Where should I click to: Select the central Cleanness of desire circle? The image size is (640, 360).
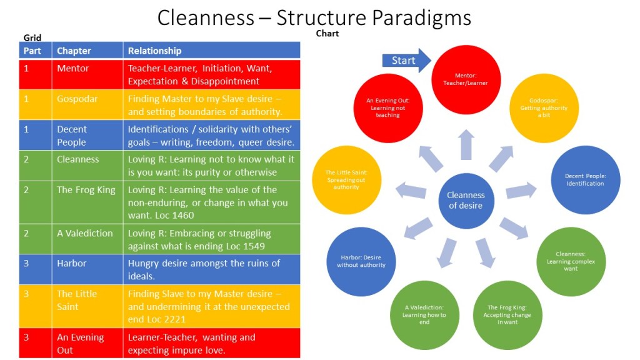pos(466,200)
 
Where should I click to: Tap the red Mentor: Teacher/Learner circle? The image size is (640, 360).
pos(466,78)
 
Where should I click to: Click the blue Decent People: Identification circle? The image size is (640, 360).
pos(585,179)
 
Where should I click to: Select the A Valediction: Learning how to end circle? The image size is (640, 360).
pos(424,314)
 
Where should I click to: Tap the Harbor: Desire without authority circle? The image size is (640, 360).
pos(361,261)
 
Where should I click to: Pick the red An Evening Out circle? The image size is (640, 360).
pos(387,107)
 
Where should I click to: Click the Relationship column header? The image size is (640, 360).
pos(155,51)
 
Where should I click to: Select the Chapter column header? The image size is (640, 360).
pos(74,51)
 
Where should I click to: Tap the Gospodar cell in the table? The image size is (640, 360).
pos(77,99)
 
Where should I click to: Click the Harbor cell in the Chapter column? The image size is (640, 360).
pos(72,263)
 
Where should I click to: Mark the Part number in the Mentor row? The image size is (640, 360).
pos(26,68)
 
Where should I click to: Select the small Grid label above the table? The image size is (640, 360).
pos(32,38)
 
